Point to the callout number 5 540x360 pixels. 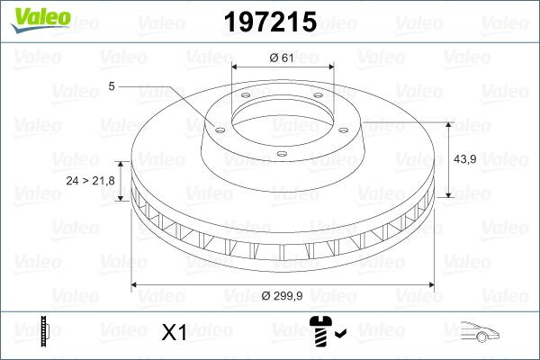click(x=111, y=86)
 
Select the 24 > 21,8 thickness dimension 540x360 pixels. click(x=90, y=181)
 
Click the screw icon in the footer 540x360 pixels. click(x=320, y=332)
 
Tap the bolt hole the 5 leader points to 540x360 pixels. click(x=216, y=126)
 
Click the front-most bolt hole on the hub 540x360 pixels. click(x=281, y=155)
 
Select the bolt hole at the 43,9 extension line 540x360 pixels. click(x=347, y=125)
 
